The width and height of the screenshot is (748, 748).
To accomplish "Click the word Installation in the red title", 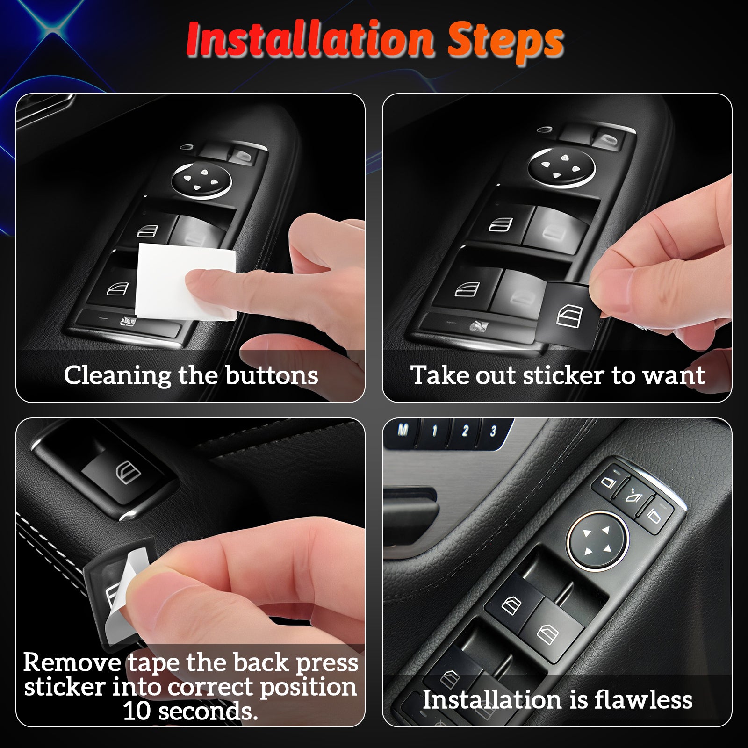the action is point(310,40).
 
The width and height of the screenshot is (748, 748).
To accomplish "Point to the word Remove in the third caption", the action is point(73,662).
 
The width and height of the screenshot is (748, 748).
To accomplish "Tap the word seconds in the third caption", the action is point(208,711).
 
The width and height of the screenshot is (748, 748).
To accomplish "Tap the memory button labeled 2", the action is point(464,431).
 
